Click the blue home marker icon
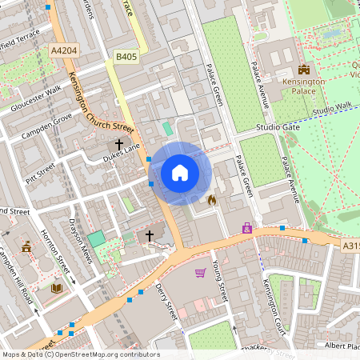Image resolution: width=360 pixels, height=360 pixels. [180, 173]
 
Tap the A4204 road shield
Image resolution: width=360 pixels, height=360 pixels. [65, 50]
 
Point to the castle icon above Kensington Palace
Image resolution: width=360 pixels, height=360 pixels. [303, 70]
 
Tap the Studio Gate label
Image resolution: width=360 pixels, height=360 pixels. [278, 127]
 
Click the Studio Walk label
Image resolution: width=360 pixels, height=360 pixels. [332, 108]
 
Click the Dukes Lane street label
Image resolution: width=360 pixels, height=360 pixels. [122, 154]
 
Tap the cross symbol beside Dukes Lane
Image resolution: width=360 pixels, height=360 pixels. [119, 144]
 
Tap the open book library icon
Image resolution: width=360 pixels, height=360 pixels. [56, 288]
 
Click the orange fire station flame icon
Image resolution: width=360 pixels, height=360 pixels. [212, 199]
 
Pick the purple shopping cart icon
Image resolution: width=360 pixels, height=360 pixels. [200, 273]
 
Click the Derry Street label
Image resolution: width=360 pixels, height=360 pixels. [166, 299]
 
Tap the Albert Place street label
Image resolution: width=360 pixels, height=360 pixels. [342, 345]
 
